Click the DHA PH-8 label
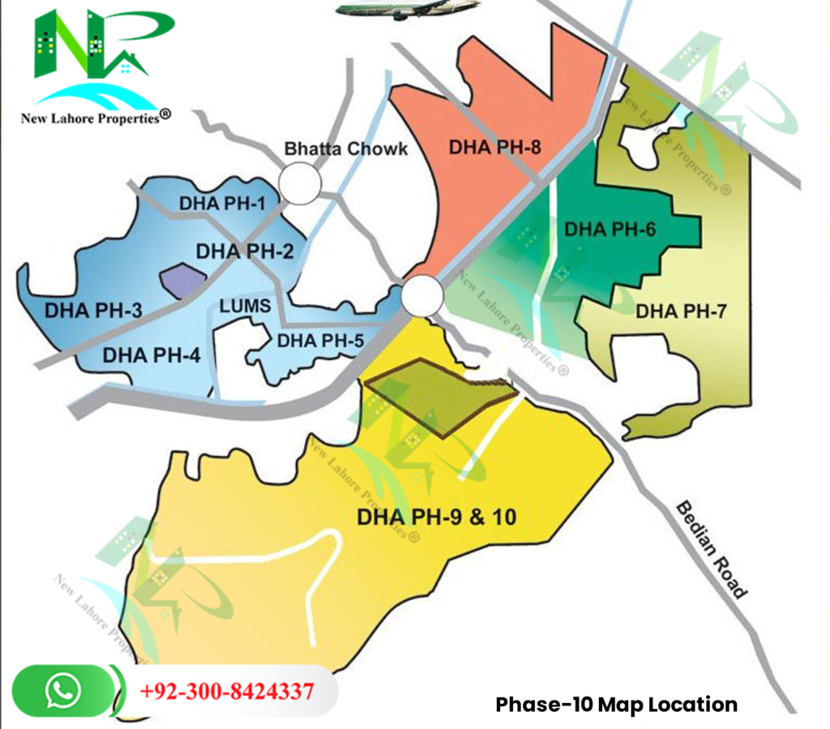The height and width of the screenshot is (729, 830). coord(495,148)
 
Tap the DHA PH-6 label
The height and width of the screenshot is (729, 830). coord(610,229)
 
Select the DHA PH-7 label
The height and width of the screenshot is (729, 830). coord(678,311)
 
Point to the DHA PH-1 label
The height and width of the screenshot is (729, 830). coord(224,204)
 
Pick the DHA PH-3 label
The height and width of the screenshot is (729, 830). coord(93,311)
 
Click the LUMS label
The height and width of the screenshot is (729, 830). coord(245,307)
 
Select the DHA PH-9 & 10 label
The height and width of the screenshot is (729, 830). coord(437,516)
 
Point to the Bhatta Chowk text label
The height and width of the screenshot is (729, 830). coord(345,149)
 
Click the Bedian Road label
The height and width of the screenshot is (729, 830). coord(710,548)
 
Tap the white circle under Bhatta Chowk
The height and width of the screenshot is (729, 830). coord(299,183)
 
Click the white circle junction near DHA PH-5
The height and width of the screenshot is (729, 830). coord(422,295)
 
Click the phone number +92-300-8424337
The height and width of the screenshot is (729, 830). coord(227,692)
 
